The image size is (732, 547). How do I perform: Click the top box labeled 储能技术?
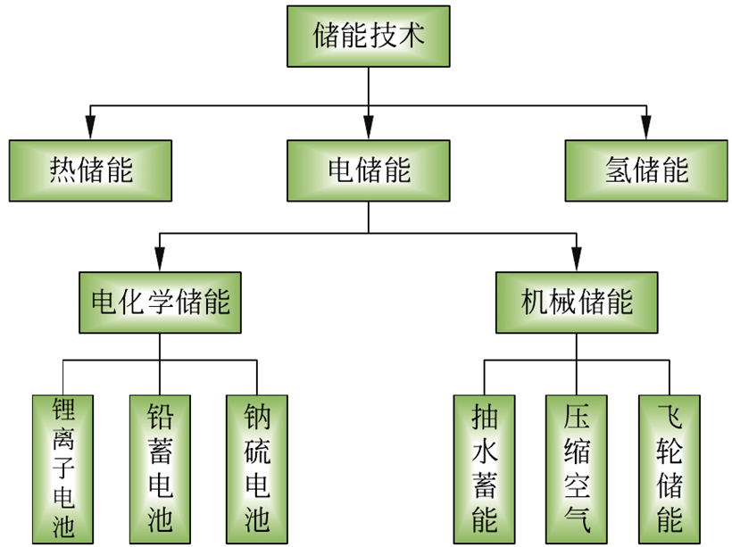368,36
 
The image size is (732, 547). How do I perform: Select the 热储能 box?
90,170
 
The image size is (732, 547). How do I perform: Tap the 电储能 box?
368,170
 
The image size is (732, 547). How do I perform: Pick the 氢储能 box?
645,170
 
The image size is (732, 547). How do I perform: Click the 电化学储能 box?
161,302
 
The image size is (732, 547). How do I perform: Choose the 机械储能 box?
577,302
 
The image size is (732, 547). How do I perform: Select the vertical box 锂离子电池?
63,469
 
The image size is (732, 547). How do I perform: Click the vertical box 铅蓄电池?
160,469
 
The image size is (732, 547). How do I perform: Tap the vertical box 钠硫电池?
257,469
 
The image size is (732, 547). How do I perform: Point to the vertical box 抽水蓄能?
484,469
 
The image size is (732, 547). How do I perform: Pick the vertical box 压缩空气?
577,469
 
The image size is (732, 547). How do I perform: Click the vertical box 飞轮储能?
670,469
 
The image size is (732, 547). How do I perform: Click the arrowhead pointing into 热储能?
89,130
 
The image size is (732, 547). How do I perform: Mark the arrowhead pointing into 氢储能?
645,130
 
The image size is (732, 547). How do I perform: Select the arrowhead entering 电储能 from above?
368,130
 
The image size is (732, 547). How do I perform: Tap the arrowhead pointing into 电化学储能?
161,262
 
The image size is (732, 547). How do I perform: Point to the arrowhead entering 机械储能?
577,262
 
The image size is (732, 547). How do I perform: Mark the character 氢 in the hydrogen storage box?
616,170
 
